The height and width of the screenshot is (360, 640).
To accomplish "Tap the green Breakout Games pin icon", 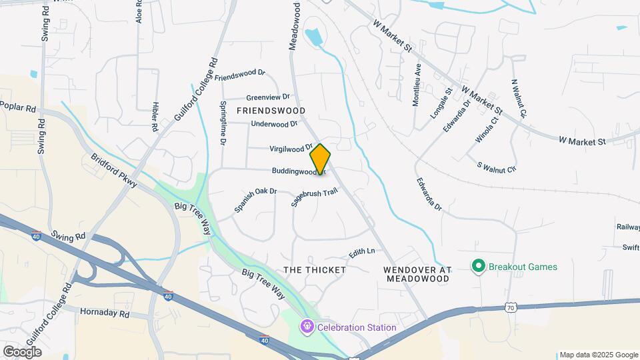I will [x=477, y=267].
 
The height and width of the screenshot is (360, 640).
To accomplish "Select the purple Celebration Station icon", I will [x=307, y=327].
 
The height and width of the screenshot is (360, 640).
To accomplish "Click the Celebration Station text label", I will [x=357, y=327].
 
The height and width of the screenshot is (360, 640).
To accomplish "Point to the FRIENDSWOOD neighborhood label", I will [x=271, y=111].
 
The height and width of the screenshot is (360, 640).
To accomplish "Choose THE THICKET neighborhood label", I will [x=315, y=270].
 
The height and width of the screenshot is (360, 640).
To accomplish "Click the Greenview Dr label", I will [x=268, y=97].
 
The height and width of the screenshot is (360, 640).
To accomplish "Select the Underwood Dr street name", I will [x=274, y=124].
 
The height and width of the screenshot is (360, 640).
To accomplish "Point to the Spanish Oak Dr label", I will [x=255, y=200].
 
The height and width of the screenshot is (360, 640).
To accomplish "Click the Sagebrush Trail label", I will [x=315, y=197].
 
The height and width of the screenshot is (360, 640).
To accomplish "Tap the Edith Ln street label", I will [x=362, y=253].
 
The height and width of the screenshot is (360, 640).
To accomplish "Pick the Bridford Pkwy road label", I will [x=114, y=171].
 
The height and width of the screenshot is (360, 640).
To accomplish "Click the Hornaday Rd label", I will [x=105, y=312].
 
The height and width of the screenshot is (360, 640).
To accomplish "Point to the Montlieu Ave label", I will [x=417, y=85].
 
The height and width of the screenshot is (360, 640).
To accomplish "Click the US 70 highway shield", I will [x=510, y=307].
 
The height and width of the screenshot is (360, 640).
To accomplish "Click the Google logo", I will [x=22, y=351].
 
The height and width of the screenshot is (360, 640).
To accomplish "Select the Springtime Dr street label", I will [x=223, y=124].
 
